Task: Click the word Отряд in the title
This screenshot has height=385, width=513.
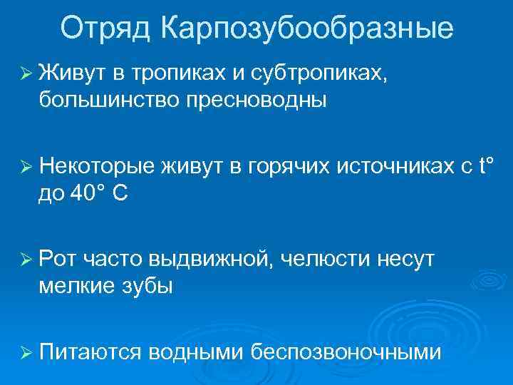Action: click(105, 29)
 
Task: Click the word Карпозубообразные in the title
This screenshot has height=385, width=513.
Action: click(306, 29)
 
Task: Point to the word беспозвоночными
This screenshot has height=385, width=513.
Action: click(346, 352)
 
